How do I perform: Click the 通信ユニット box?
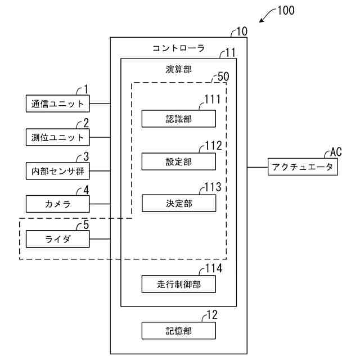[58, 103]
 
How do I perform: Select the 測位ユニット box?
[58, 137]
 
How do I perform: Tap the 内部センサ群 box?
[58, 170]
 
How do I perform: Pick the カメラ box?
[58, 204]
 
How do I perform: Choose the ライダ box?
[58, 240]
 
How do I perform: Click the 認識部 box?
[178, 119]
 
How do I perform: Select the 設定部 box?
[178, 161]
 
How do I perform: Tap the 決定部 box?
[178, 203]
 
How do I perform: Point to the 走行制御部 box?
[178, 285]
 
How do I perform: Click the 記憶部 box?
[178, 331]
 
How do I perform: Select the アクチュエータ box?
[303, 167]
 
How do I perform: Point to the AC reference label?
[336, 152]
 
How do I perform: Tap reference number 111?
[213, 100]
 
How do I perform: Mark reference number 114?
[214, 268]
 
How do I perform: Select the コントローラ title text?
[178, 48]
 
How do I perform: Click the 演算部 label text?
[178, 69]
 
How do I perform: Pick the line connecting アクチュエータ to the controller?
[258, 167]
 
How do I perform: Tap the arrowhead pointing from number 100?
[261, 22]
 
